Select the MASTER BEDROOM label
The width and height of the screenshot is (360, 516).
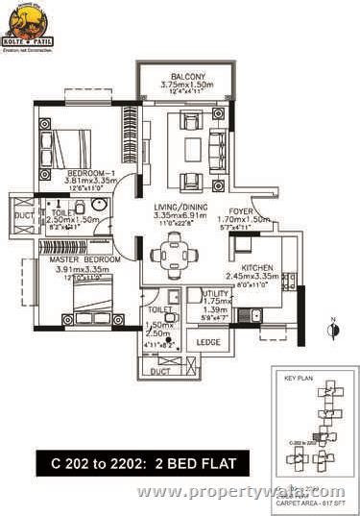[79, 259]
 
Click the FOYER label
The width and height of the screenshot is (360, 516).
[241, 210]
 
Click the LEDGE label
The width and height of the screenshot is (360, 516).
[206, 341]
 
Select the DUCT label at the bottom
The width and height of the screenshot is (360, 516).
[168, 369]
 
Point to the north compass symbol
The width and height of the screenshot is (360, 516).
[331, 330]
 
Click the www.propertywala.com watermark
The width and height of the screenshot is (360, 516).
[240, 491]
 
